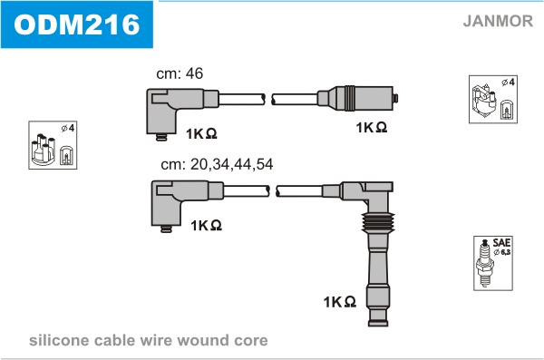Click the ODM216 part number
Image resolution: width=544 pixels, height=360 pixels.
pos(77,24)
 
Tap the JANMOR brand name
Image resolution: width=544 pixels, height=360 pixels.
pos(498,21)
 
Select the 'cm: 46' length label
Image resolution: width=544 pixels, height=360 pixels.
pos(180,73)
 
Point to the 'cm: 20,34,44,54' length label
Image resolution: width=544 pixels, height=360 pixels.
pos(217,164)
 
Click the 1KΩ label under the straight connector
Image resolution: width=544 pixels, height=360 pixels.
pos(371,128)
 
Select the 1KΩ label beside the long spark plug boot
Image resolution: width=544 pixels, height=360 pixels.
pos(340,302)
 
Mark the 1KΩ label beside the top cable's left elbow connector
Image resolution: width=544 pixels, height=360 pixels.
pos(201,133)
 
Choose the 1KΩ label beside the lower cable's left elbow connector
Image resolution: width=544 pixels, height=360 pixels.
pos(206,225)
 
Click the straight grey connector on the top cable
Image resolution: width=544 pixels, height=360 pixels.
pos(355,98)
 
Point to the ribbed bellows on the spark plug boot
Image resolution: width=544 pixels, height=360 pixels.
pos(378,222)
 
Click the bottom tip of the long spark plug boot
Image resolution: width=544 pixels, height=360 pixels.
pos(378,324)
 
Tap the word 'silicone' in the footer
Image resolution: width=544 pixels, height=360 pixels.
pos(59,340)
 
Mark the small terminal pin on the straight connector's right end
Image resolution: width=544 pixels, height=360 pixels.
pos(395,98)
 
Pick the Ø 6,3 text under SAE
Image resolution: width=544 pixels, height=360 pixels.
pos(502,252)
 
